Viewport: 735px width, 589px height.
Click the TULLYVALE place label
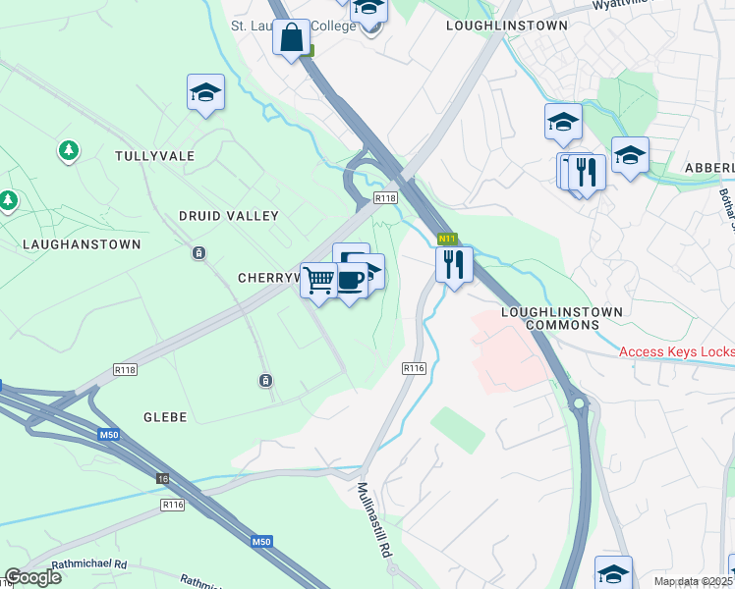tap(154, 156)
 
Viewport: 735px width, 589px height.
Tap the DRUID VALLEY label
tap(229, 215)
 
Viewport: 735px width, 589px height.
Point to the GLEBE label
tap(164, 417)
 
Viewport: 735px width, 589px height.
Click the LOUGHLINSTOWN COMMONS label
tap(562, 318)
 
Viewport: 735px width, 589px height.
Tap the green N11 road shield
tap(447, 239)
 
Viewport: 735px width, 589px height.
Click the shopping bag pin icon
tap(292, 39)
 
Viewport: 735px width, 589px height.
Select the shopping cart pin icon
tap(318, 281)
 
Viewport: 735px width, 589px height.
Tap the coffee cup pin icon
tap(351, 281)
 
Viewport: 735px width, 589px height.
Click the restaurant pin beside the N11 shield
tap(453, 264)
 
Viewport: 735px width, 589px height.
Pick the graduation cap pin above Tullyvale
tap(205, 94)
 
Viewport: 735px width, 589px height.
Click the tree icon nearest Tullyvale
tap(68, 151)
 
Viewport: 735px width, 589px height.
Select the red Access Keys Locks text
tap(676, 351)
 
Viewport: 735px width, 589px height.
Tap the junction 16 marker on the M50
tap(162, 477)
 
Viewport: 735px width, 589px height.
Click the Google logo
tap(31, 577)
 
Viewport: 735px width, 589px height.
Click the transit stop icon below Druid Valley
tap(199, 253)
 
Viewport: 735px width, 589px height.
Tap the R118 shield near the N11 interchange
tap(385, 198)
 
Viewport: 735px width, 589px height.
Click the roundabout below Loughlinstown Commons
tap(579, 402)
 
